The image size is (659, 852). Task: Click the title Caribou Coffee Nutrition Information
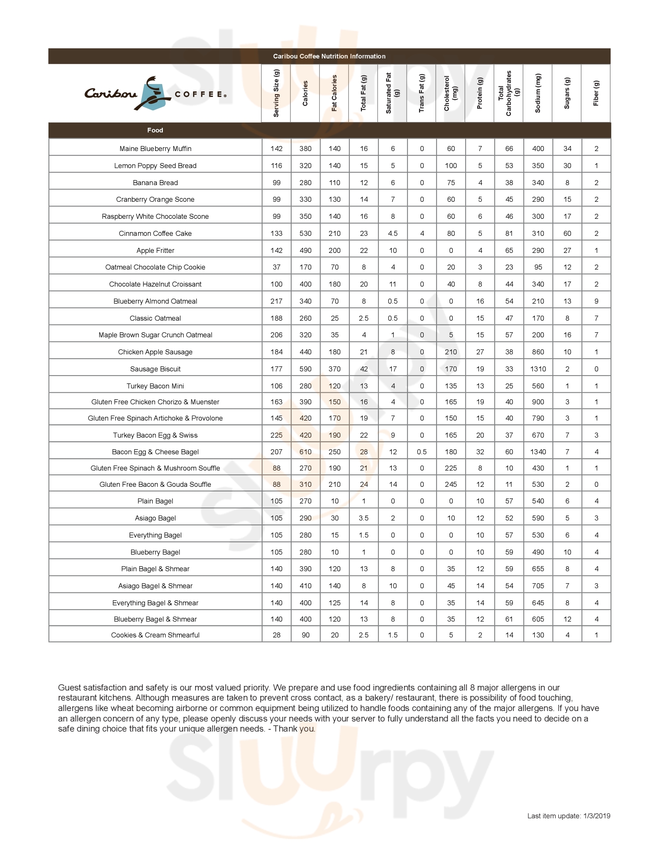click(329, 56)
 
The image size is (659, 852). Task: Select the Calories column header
click(305, 93)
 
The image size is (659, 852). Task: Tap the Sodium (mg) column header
click(538, 93)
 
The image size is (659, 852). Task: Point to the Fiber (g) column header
click(596, 93)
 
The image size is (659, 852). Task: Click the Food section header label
click(155, 130)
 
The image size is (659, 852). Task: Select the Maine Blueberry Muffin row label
click(155, 149)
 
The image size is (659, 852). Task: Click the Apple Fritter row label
click(155, 251)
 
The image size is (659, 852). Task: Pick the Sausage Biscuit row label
click(155, 369)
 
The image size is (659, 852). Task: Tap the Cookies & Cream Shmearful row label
click(155, 635)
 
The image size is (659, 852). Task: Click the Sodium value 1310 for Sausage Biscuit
click(538, 369)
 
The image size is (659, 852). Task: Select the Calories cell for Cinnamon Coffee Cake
click(305, 234)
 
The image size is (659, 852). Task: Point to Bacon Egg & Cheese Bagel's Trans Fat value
click(422, 452)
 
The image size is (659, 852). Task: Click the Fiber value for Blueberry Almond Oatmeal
click(596, 301)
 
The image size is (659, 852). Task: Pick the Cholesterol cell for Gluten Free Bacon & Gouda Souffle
click(451, 484)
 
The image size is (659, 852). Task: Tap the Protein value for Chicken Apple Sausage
click(480, 352)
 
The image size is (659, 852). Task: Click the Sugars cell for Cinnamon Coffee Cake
click(567, 234)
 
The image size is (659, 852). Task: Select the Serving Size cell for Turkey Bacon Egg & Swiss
click(276, 435)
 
